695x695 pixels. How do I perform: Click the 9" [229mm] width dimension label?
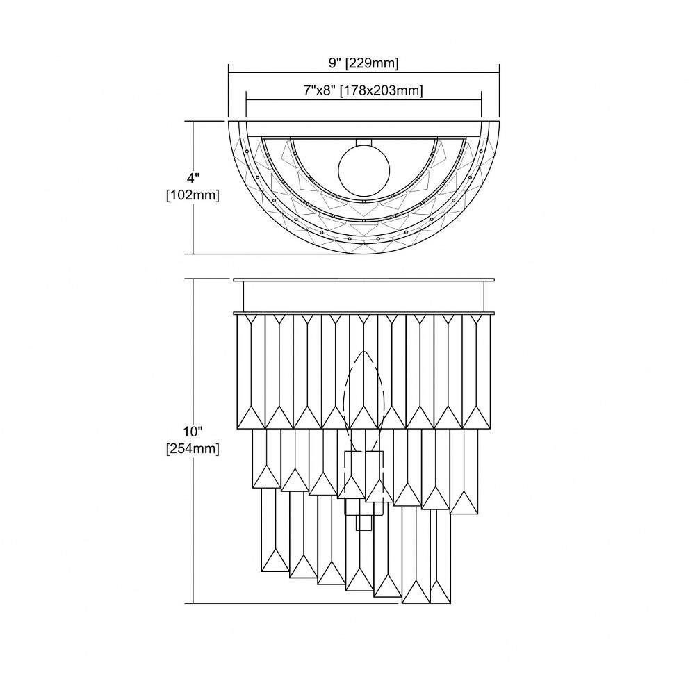(x=363, y=63)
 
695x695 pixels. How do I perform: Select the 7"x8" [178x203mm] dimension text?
(x=363, y=90)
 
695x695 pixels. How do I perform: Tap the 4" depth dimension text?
(x=193, y=179)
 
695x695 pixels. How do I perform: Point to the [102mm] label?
(x=193, y=195)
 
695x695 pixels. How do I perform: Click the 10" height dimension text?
(x=193, y=432)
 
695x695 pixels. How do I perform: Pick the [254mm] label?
(x=193, y=448)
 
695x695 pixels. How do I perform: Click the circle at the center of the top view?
(x=364, y=170)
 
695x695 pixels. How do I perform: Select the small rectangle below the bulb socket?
(x=363, y=523)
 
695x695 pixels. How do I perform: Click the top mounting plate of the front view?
(x=364, y=279)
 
